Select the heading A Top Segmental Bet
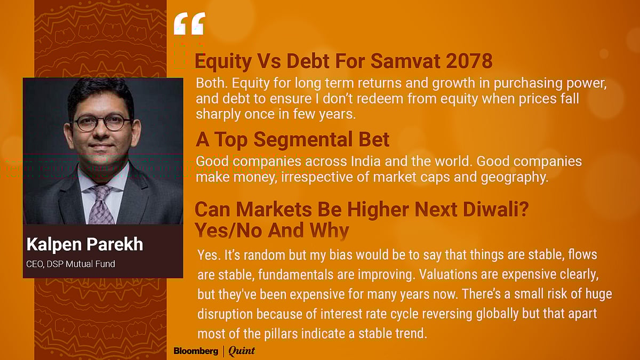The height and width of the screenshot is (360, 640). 292,139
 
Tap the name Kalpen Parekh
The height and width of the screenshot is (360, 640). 84,244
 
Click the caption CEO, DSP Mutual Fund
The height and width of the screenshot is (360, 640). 70,263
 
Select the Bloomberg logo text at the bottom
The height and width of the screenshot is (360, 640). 196,350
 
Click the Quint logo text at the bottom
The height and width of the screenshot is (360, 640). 242,350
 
